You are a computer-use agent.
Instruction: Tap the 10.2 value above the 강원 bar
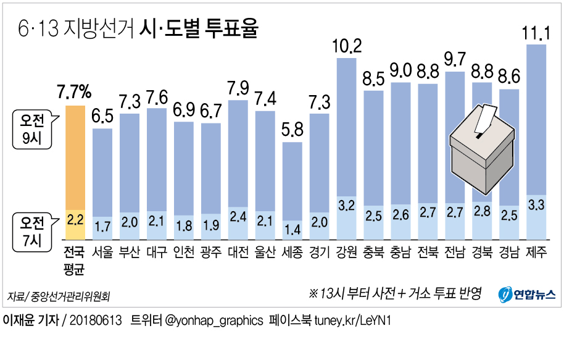point(347,46)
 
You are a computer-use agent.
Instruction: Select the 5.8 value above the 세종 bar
point(292,131)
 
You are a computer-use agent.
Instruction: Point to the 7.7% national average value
point(74,93)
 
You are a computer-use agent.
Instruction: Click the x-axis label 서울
point(102,253)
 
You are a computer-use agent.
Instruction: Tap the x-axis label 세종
point(292,253)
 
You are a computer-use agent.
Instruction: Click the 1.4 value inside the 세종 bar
point(292,229)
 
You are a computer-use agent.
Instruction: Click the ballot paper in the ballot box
point(487,119)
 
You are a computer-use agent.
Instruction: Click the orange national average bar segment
point(75,157)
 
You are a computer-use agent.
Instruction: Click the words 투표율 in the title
point(229,28)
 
